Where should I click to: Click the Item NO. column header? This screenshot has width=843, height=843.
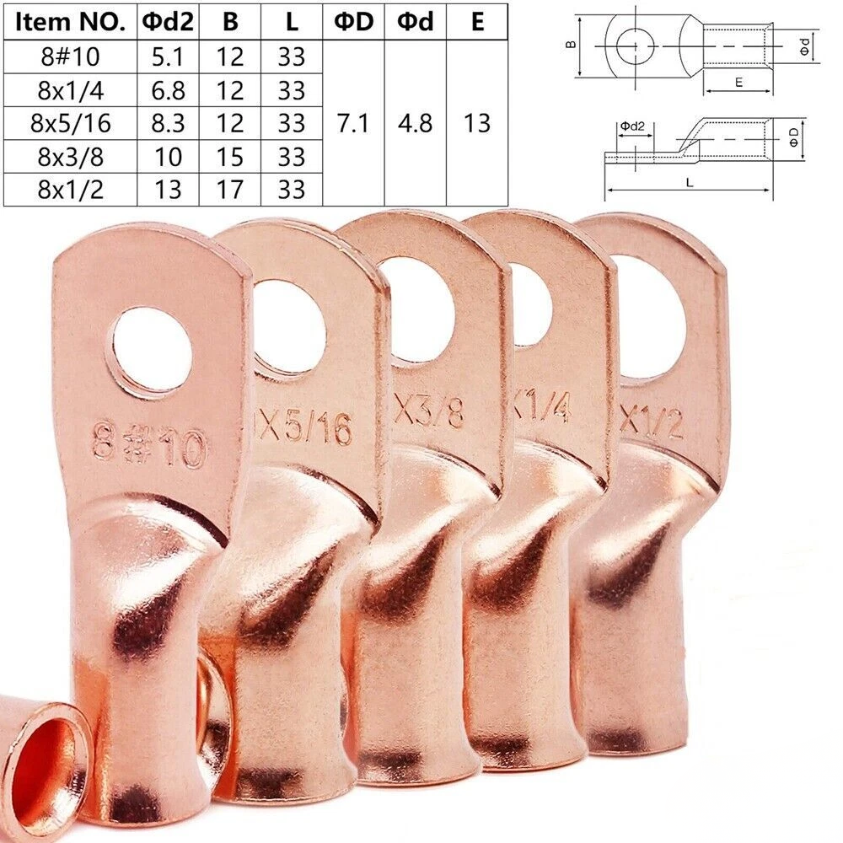(x=70, y=22)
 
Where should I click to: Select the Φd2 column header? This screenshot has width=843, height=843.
(x=168, y=22)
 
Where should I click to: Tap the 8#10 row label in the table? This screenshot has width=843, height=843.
(x=70, y=56)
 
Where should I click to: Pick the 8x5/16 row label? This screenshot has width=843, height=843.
(x=71, y=123)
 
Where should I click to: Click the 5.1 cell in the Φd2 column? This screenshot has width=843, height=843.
(x=168, y=56)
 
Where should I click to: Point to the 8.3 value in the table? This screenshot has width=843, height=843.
(x=168, y=123)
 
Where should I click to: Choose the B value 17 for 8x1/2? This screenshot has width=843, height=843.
(x=229, y=189)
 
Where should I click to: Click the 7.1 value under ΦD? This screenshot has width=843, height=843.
(x=353, y=123)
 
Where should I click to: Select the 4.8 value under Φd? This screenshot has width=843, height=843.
(x=415, y=123)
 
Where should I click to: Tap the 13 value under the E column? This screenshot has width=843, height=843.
(x=477, y=123)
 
